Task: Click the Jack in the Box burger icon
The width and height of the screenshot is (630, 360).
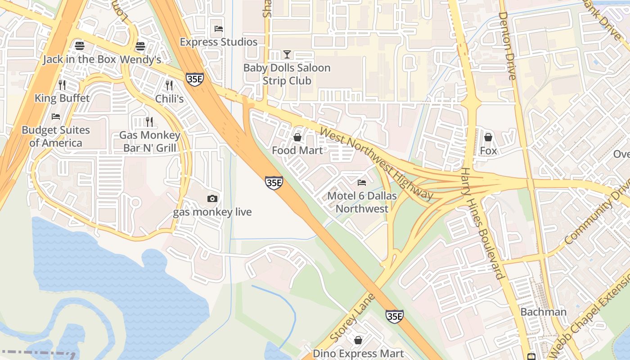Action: point(80,46)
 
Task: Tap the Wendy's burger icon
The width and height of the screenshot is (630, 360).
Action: point(140,46)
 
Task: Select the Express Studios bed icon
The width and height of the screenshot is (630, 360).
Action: point(219,29)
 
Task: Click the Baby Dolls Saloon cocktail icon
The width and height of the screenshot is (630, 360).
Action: point(287,54)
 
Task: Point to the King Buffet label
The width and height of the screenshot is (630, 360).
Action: point(62,98)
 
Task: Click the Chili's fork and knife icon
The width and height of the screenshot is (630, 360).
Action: point(169,85)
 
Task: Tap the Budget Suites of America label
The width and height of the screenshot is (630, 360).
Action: point(56,136)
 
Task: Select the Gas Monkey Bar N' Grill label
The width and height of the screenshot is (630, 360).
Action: point(149,141)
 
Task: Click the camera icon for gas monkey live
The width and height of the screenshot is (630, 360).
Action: point(212,198)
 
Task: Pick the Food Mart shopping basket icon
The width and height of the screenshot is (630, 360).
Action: point(297,137)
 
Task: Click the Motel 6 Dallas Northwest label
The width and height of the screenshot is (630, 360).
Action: point(362,202)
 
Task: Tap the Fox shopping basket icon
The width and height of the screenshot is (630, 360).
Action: point(488,137)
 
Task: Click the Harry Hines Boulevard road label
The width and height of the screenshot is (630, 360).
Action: point(483,223)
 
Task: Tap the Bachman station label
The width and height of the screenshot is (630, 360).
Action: point(543,312)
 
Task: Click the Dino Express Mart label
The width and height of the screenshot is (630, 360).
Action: point(358,354)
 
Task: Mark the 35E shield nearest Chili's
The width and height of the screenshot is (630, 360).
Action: point(195,79)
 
